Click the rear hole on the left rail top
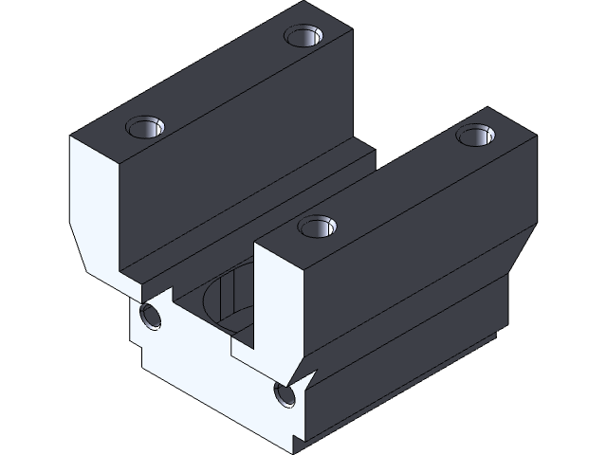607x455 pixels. (x=303, y=37)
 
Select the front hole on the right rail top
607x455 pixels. (x=317, y=227)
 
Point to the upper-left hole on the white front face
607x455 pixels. (x=150, y=315)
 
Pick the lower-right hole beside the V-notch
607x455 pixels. (x=283, y=393)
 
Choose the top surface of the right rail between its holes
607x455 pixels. (x=398, y=180)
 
